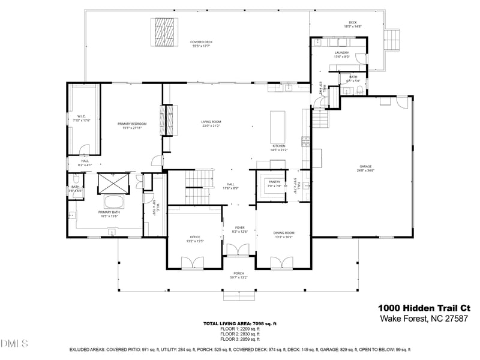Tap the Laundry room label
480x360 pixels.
click(341, 53)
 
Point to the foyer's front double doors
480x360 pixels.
click(239, 251)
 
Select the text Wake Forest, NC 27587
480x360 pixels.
click(424, 319)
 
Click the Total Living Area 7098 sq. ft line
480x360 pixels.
click(239, 324)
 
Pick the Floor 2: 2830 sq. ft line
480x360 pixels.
click(239, 334)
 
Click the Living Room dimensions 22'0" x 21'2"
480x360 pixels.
click(211, 126)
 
